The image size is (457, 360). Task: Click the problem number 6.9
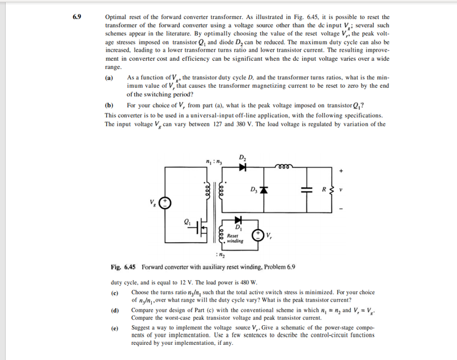[76, 17]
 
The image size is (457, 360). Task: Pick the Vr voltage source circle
[259, 235]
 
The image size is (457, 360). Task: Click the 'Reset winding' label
[235, 239]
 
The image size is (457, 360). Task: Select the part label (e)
[115, 327]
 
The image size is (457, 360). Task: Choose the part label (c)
[115, 293]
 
